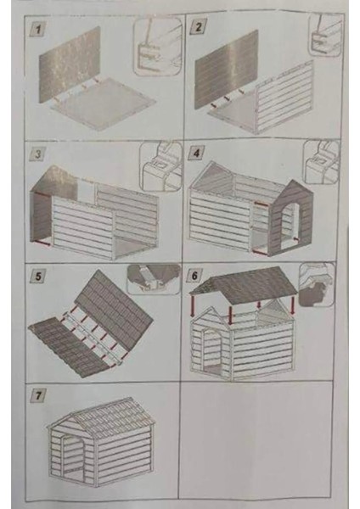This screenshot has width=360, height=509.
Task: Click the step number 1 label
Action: [38, 31]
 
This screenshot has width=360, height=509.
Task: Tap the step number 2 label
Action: [197, 27]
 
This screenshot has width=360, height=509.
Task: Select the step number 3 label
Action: [37, 154]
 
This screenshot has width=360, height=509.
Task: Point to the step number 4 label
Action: [196, 153]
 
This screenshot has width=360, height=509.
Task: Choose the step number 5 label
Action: [38, 277]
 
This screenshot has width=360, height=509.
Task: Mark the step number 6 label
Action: [194, 276]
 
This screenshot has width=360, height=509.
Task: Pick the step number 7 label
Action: [38, 395]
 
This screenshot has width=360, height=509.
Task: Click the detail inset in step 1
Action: [157, 47]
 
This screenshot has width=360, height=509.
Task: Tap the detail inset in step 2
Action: [325, 35]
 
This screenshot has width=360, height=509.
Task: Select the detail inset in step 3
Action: [160, 166]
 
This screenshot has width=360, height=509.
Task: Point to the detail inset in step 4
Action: [321, 162]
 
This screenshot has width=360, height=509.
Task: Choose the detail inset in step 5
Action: [154, 279]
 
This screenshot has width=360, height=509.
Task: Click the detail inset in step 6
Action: [317, 285]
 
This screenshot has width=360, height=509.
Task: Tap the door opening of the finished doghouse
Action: [73, 458]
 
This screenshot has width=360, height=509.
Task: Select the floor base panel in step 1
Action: [104, 103]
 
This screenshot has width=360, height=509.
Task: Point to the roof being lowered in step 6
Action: [245, 285]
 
